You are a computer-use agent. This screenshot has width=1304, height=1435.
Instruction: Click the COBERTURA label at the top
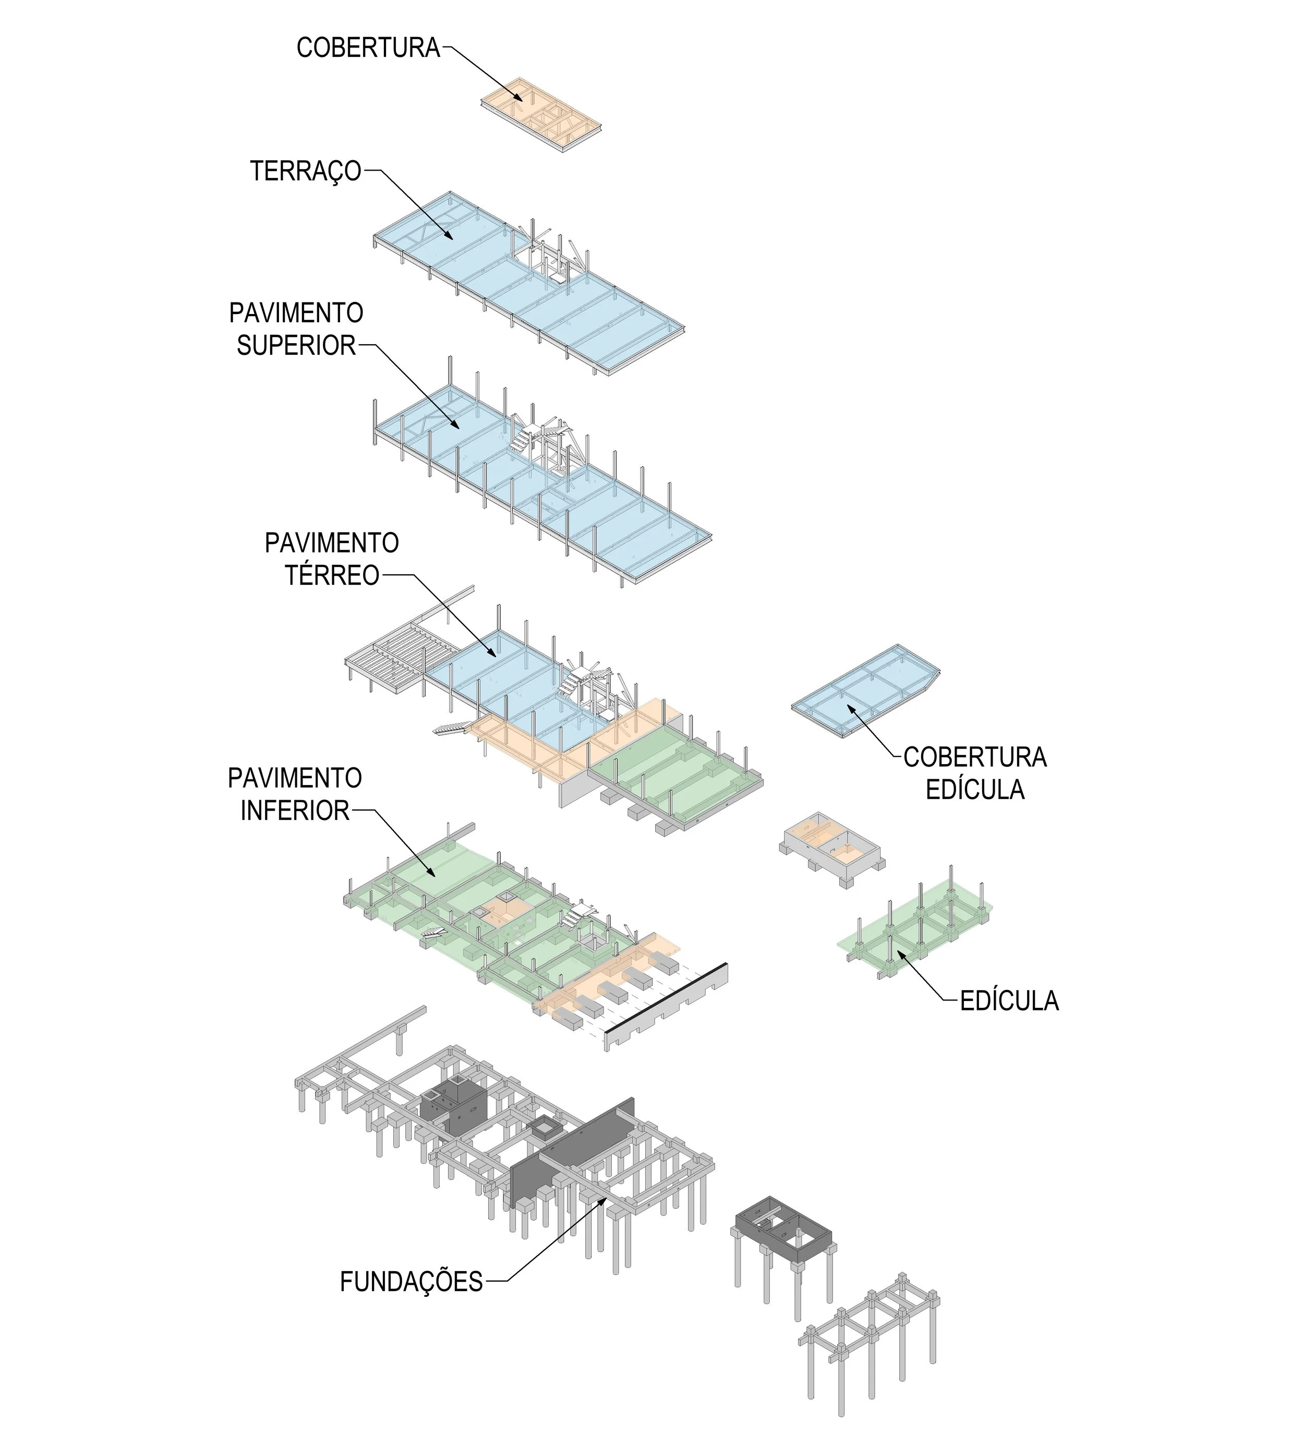click(368, 49)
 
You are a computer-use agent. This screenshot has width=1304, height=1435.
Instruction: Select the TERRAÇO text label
click(305, 172)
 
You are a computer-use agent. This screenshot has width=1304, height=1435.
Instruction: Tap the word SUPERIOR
click(296, 346)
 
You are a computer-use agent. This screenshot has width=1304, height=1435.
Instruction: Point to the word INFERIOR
click(295, 811)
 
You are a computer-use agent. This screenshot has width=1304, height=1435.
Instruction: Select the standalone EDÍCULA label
click(1009, 1002)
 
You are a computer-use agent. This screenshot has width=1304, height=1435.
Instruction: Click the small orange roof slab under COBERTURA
click(541, 114)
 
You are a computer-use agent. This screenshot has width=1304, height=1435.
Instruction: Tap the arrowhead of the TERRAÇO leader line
click(451, 236)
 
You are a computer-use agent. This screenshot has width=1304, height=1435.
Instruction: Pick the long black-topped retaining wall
click(666, 1007)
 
